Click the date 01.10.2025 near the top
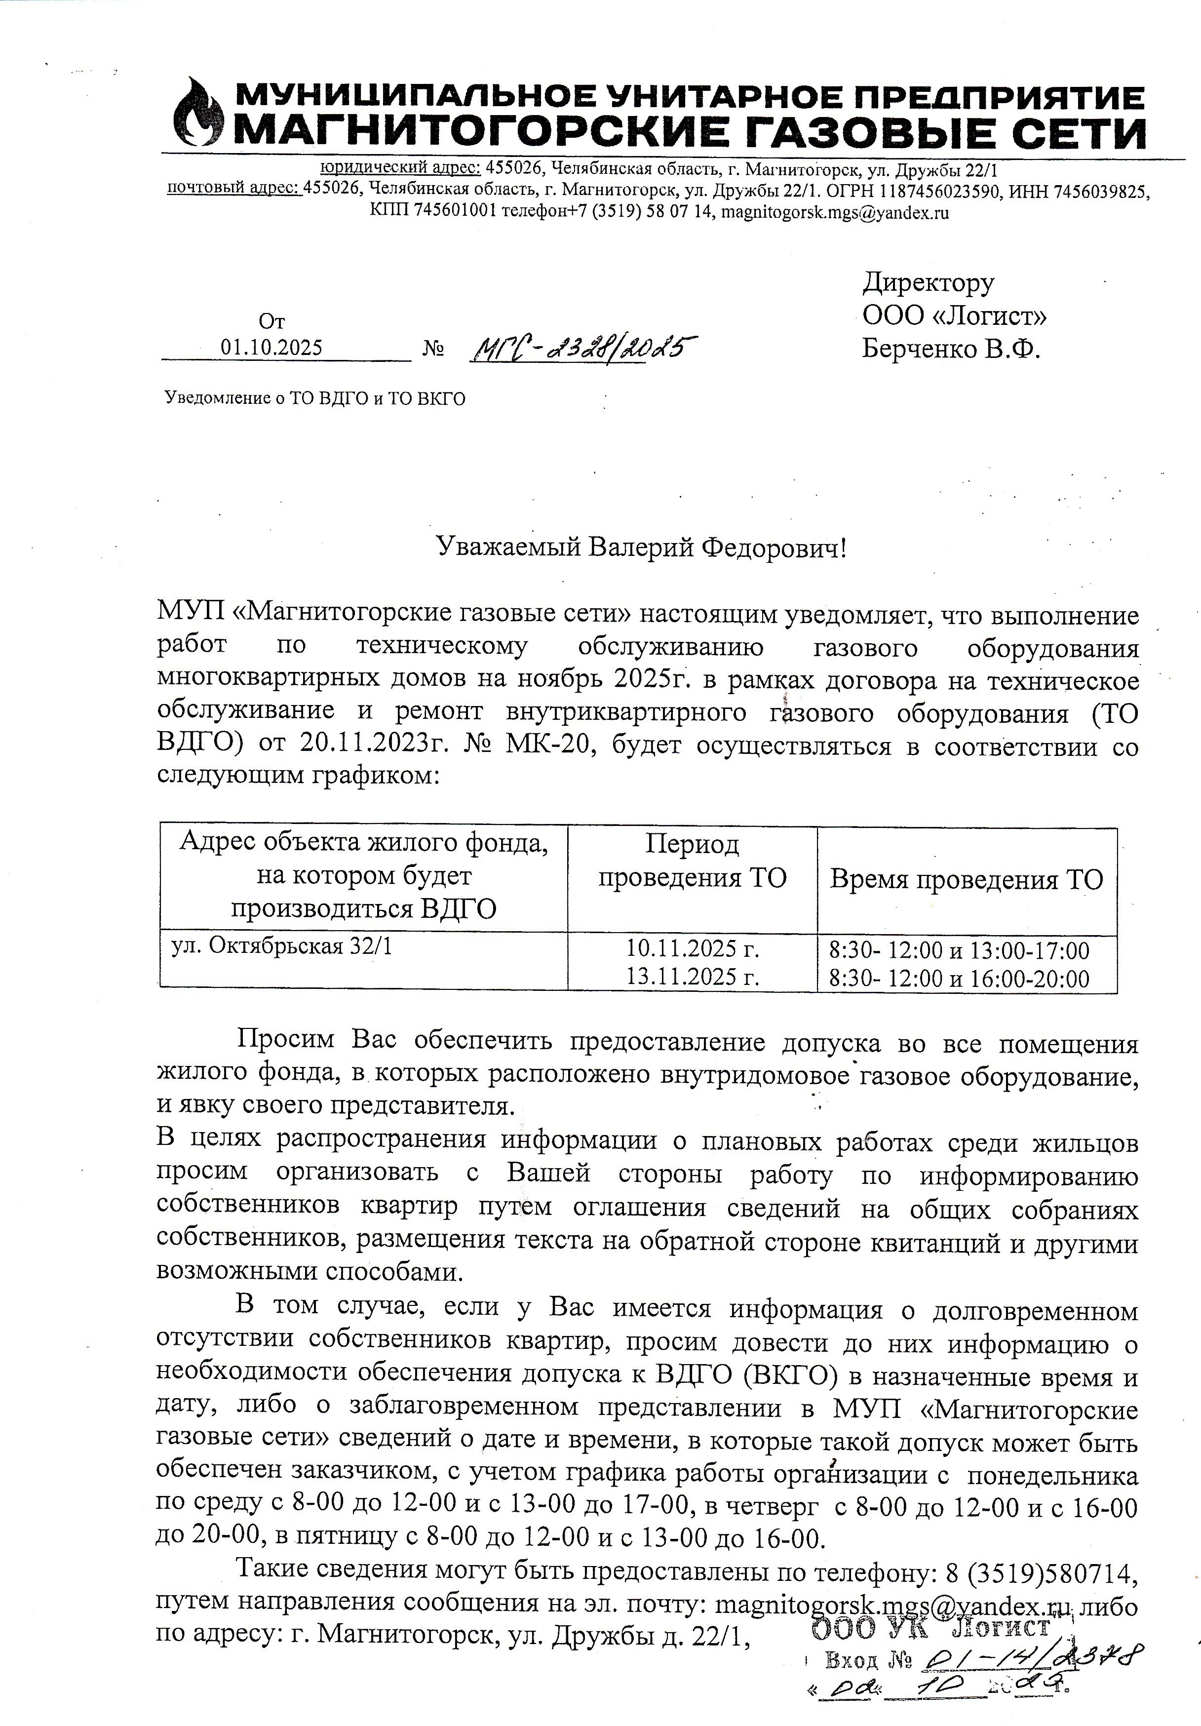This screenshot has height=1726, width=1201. [x=271, y=347]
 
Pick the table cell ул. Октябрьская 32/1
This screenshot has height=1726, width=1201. [x=282, y=946]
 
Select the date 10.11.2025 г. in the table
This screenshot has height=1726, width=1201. [x=692, y=949]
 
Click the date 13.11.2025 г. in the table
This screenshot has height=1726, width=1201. [x=692, y=977]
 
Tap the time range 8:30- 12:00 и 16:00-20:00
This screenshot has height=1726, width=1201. [x=959, y=978]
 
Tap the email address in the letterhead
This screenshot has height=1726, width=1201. [x=834, y=213]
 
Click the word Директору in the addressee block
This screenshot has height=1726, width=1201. [x=928, y=283]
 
